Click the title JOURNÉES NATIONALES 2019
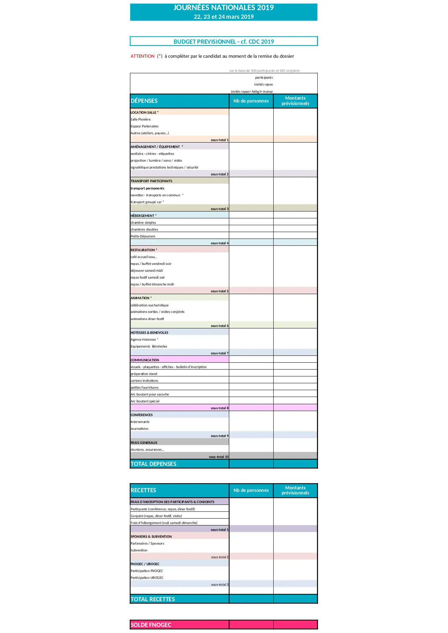pyautogui.click(x=223, y=8)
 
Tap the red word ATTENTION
pyautogui.click(x=143, y=56)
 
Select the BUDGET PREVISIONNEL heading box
pyautogui.click(x=223, y=42)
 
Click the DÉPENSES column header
pyautogui.click(x=144, y=101)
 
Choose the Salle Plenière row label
pyautogui.click(x=140, y=119)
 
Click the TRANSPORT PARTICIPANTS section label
pyautogui.click(x=151, y=181)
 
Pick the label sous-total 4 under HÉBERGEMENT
pyautogui.click(x=219, y=243)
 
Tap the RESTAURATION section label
pyautogui.click(x=144, y=250)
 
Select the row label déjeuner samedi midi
pyautogui.click(x=147, y=271)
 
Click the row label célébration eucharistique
pyautogui.click(x=149, y=305)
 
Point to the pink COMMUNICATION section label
pyautogui.click(x=145, y=360)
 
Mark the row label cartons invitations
pyautogui.click(x=144, y=381)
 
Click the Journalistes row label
pyautogui.click(x=139, y=429)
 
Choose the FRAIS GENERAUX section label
pyautogui.click(x=144, y=443)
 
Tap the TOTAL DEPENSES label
pyautogui.click(x=153, y=464)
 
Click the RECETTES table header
pyautogui.click(x=143, y=490)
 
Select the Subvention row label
pyautogui.click(x=139, y=550)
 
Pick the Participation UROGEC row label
pyautogui.click(x=147, y=578)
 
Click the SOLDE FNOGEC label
pyautogui.click(x=151, y=625)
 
